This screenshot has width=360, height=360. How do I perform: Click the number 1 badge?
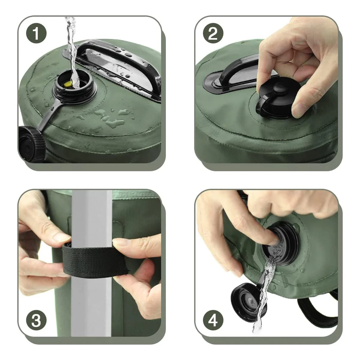[36, 33]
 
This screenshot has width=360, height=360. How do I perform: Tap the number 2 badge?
[213, 33]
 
